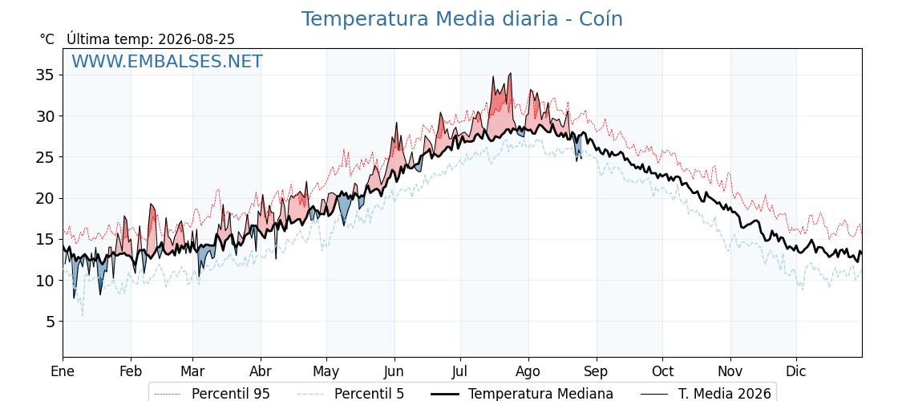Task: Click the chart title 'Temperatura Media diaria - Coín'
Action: point(462,19)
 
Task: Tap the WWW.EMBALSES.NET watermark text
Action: point(167,61)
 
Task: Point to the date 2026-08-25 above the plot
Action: point(196,39)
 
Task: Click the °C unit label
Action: point(47,39)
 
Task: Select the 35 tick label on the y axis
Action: point(47,75)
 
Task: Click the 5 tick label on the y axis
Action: point(51,322)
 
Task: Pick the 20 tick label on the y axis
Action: point(47,198)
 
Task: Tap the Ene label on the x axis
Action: point(63,371)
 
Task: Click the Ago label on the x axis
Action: point(528,371)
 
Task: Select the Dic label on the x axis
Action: point(796,371)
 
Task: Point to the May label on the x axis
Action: point(326,371)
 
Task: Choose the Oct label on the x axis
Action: point(662,371)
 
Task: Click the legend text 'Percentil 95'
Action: point(231,394)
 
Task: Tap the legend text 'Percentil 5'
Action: point(370,394)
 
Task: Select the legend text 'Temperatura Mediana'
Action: point(540,394)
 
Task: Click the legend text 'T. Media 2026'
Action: point(725,394)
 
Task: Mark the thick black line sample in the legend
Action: point(443,394)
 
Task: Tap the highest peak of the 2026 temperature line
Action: point(510,73)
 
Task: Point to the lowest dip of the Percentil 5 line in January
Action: point(83,316)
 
